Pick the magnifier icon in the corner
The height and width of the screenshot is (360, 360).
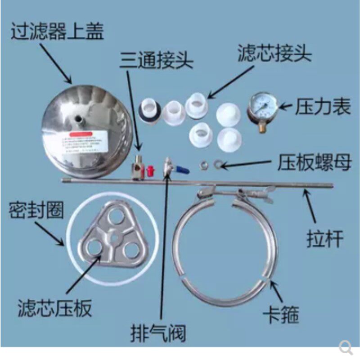click(345, 346)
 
